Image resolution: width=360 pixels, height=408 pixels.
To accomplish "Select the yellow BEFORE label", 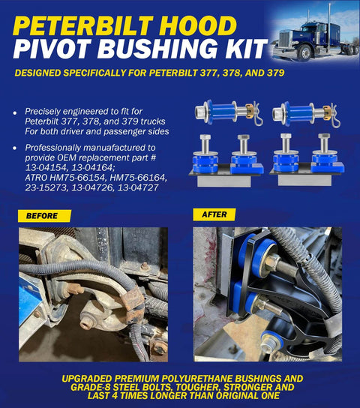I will [44, 215].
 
